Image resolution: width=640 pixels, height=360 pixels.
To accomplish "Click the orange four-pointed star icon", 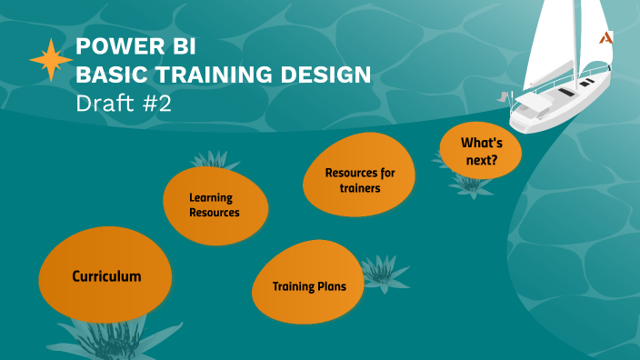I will (51, 61).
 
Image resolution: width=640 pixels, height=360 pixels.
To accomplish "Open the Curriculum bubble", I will (106, 275).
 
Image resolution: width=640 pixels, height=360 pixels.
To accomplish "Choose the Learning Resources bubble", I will (215, 205).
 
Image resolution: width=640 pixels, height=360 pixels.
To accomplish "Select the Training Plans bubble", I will (309, 286).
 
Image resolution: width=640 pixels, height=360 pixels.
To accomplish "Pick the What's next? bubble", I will (480, 152).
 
